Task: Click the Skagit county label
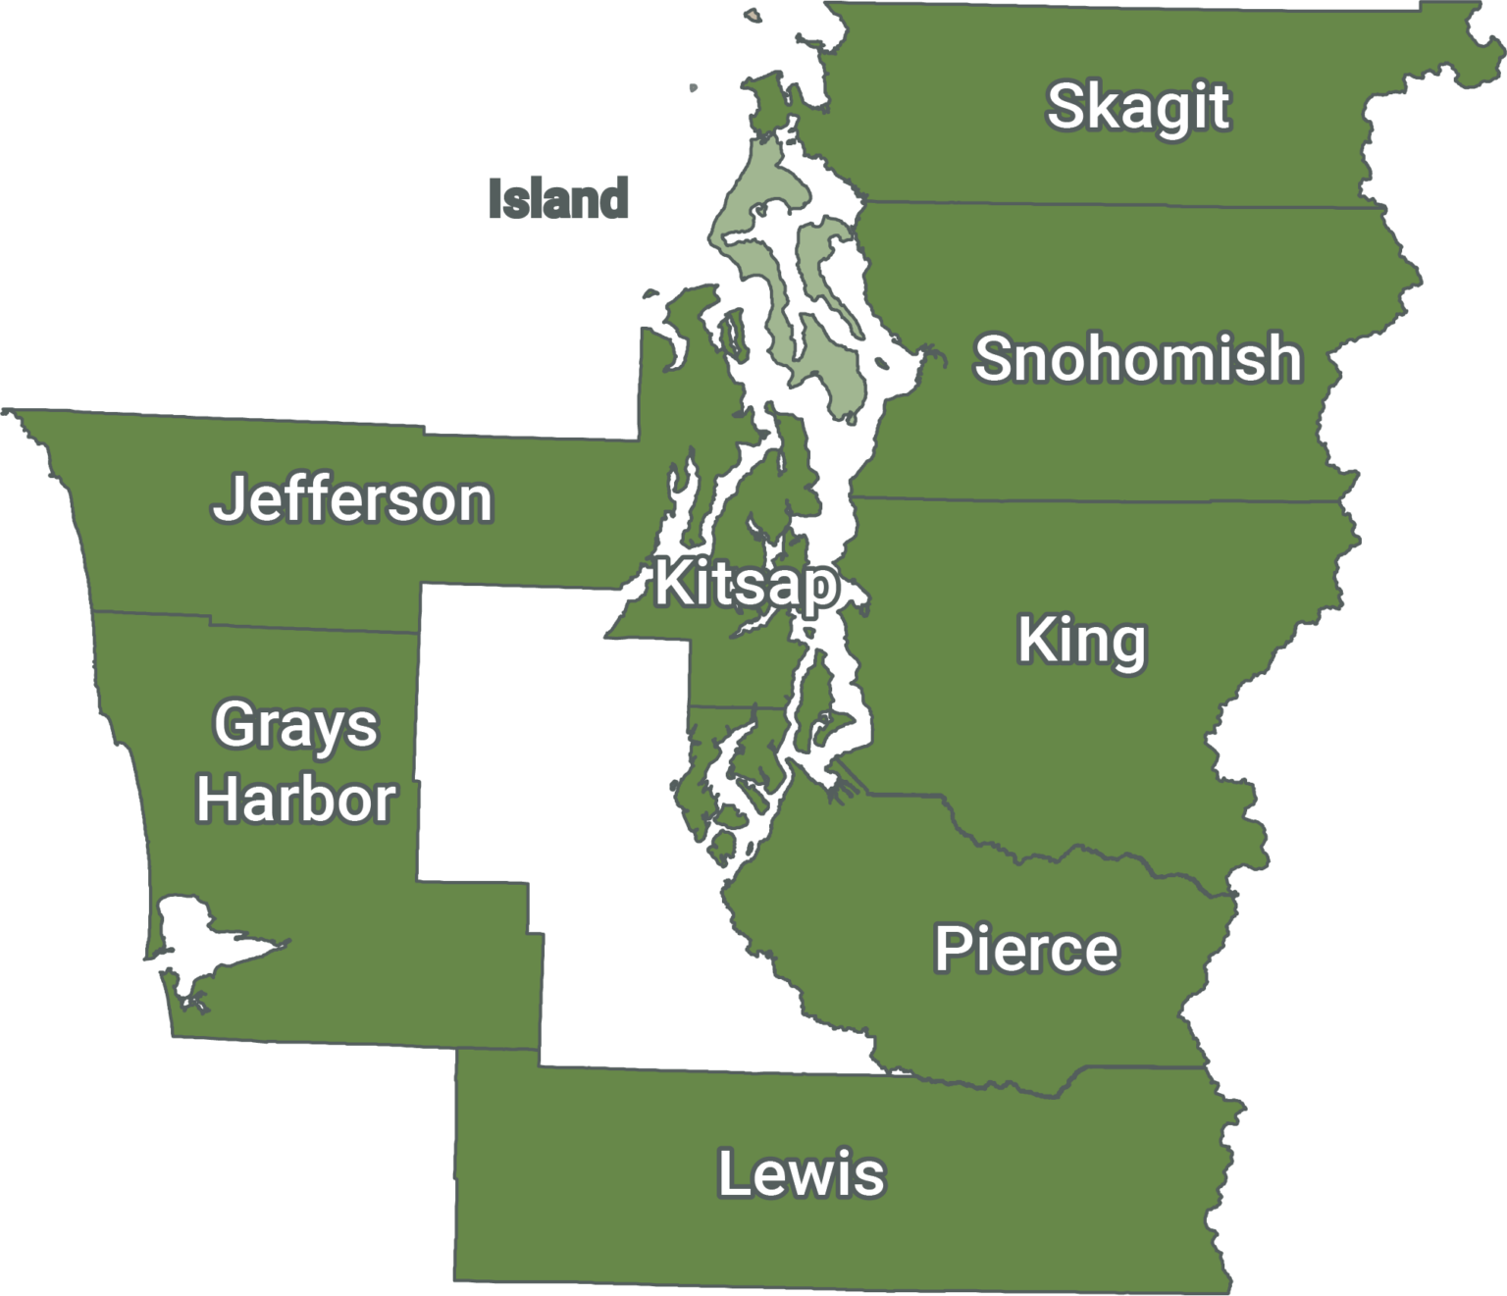pyautogui.click(x=1137, y=107)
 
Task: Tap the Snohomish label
pyautogui.click(x=1137, y=358)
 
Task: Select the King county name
pyautogui.click(x=1081, y=642)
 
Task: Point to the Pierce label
pyautogui.click(x=1025, y=949)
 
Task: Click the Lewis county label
pyautogui.click(x=801, y=1174)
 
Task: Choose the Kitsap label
pyautogui.click(x=746, y=583)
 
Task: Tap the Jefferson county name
pyautogui.click(x=352, y=498)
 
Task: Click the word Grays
pyautogui.click(x=295, y=727)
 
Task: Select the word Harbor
pyautogui.click(x=295, y=799)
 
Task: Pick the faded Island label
pyautogui.click(x=558, y=198)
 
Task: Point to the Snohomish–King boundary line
pyautogui.click(x=1099, y=500)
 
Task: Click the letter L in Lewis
pyautogui.click(x=731, y=1173)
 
